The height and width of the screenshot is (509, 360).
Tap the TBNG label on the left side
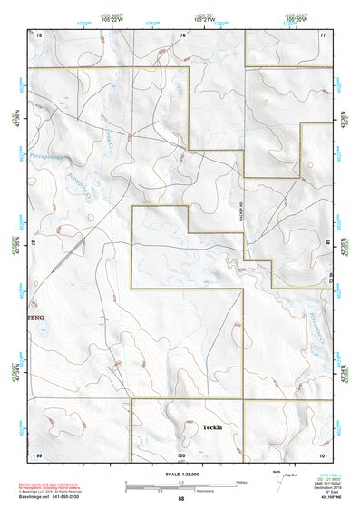coord(36,318)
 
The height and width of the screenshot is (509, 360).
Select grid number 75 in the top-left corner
coord(39,34)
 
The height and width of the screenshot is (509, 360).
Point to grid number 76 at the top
coord(182,34)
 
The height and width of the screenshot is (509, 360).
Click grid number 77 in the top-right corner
coord(322,34)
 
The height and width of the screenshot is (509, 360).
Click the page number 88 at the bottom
coord(180,499)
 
